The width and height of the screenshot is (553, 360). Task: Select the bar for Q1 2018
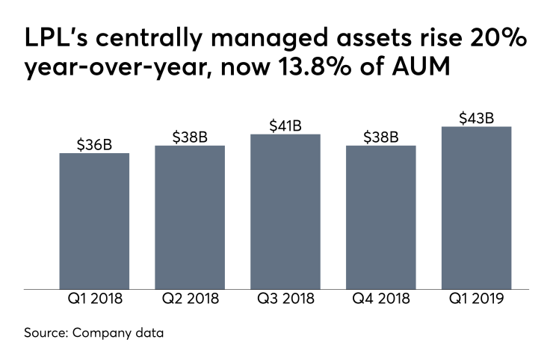click(94, 221)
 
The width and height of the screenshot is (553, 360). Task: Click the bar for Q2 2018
click(190, 217)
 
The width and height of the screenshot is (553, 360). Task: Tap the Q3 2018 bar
click(285, 211)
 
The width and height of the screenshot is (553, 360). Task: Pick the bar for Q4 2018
click(381, 217)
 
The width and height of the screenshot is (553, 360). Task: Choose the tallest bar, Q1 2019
click(477, 208)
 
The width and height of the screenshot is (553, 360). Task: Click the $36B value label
click(94, 144)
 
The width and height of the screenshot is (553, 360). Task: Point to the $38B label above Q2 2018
click(190, 137)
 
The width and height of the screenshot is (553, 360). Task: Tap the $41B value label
click(285, 125)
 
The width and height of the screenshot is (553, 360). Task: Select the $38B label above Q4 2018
click(381, 137)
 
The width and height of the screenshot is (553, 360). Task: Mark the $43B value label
click(477, 117)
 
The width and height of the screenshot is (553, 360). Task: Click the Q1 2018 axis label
click(94, 300)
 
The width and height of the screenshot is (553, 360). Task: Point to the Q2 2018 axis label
click(190, 300)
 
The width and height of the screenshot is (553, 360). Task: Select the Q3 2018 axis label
click(285, 300)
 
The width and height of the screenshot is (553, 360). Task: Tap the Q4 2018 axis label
click(381, 300)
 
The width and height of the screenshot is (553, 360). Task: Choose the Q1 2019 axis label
click(477, 300)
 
